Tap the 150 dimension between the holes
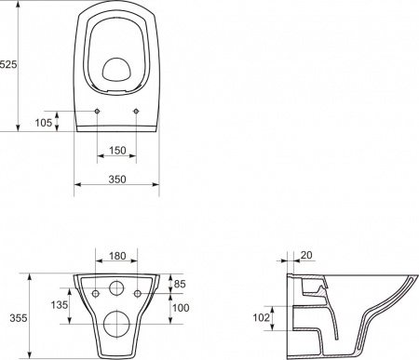(x=116, y=150)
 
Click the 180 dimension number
(x=116, y=256)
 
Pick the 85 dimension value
(x=182, y=283)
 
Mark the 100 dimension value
(x=182, y=307)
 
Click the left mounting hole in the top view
(x=97, y=113)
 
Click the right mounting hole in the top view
(x=137, y=113)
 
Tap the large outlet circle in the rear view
(x=116, y=322)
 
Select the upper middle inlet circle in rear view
(x=116, y=288)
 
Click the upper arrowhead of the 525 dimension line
(x=19, y=5)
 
